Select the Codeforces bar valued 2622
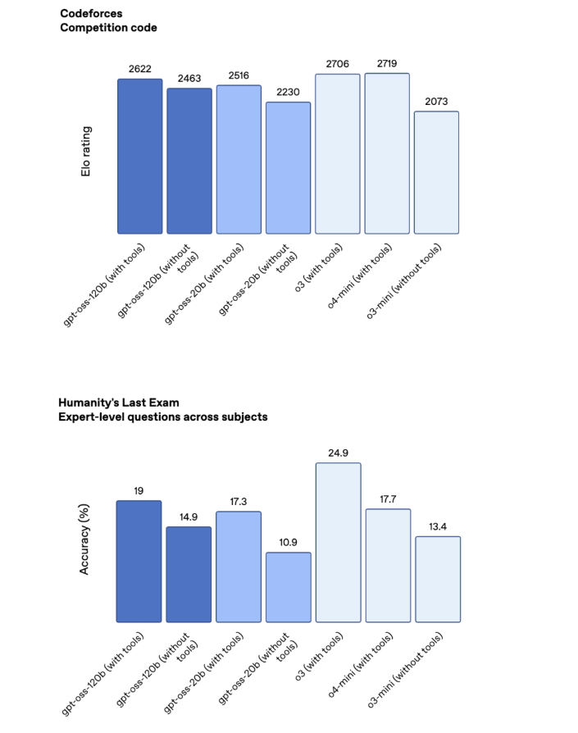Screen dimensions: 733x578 point(139,156)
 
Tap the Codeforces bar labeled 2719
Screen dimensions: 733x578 point(387,153)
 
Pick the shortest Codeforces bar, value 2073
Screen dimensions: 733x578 point(436,172)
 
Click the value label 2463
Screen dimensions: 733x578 point(189,79)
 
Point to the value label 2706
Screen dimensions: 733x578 point(338,64)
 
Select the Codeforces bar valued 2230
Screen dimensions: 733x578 point(288,167)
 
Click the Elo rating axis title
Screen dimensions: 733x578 point(86,153)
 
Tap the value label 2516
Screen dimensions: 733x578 point(239,75)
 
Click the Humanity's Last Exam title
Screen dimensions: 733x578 point(118,403)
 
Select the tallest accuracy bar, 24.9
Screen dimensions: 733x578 point(338,542)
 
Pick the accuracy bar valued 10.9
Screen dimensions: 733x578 point(288,586)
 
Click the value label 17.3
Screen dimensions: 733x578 point(239,502)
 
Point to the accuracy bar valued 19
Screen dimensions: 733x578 point(139,561)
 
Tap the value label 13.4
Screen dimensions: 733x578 point(438,526)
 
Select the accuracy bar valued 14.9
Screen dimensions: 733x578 point(189,574)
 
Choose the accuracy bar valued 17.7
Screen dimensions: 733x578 point(388,565)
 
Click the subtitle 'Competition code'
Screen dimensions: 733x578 point(108,28)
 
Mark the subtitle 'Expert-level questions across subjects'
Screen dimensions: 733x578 point(162,417)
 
